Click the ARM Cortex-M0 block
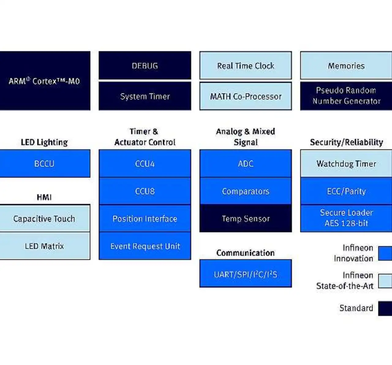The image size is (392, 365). pos(45,81)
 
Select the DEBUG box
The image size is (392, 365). pos(145,65)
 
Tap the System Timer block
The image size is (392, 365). pos(145,96)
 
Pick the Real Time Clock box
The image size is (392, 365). pos(246,65)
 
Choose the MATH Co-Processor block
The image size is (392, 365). pos(246,96)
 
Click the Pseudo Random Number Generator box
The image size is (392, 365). pos(346,96)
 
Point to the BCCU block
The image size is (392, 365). pos(45,163)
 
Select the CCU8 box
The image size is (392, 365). pos(145,191)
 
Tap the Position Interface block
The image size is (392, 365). pos(145,218)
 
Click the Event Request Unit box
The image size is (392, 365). pos(145,246)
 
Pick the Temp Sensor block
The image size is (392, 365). pos(246,218)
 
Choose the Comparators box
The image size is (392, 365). pos(246,191)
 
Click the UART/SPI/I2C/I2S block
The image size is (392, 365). pos(246,274)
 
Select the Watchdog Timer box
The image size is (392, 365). pos(346,163)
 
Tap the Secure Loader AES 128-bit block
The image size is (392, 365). pos(346,218)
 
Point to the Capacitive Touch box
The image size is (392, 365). pos(45,218)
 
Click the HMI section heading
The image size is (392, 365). pos(44,197)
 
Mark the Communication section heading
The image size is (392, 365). pos(245,253)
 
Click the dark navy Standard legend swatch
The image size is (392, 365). pos(385,308)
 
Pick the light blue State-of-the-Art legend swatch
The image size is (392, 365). pos(385,281)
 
